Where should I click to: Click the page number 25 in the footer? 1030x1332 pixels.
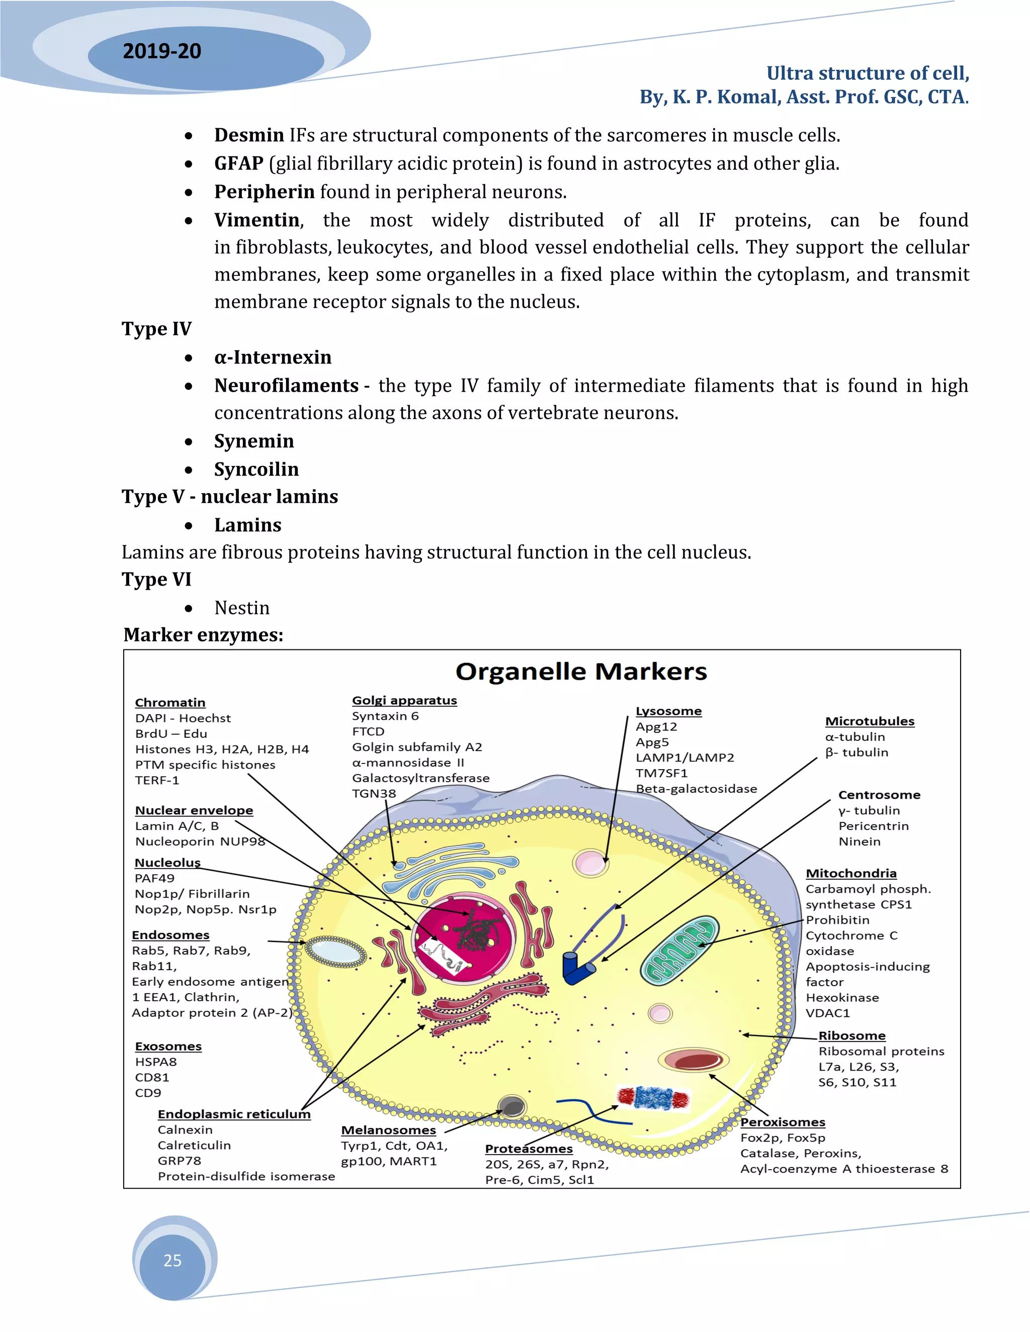coord(173,1260)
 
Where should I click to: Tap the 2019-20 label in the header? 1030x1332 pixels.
coord(162,51)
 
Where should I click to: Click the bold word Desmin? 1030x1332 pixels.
coord(249,135)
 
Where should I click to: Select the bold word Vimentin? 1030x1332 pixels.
coord(257,220)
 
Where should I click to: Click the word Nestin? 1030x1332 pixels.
coord(241,608)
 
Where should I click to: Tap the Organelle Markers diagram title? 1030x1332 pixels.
coord(581,672)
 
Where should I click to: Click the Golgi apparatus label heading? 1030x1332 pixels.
coord(404,700)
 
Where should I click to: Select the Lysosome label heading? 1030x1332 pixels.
coord(668,711)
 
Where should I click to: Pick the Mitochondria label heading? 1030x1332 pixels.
coord(850,874)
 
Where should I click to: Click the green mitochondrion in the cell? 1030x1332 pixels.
coord(679,950)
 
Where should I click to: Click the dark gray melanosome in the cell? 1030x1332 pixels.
coord(512,1106)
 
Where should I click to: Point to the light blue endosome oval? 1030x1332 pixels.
coord(335,952)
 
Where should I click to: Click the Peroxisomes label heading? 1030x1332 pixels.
coord(782,1122)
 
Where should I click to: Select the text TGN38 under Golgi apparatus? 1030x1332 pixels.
coord(374,794)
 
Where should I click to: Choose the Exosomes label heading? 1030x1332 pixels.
coord(168,1046)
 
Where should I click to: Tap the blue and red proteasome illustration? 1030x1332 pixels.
coord(653,1098)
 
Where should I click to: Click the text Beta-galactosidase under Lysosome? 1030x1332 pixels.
coord(696,789)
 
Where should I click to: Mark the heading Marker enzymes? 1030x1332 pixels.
coord(203,635)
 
